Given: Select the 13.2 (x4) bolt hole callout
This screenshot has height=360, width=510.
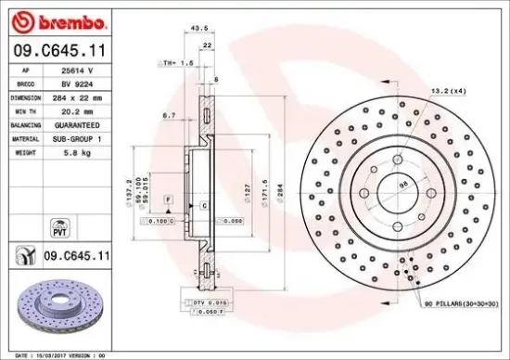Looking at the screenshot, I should pos(447,92).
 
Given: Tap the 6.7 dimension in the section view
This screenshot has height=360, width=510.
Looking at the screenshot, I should pos(169,114).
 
